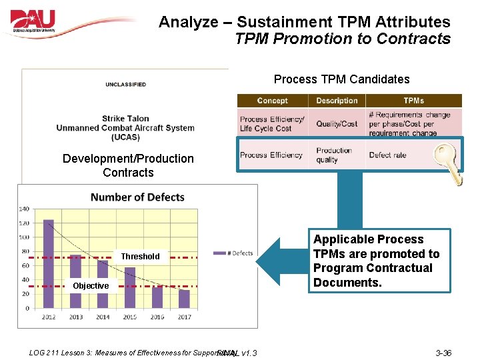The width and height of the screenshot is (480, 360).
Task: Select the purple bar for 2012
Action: [x=48, y=263]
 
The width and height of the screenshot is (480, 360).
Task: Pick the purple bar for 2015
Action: [x=130, y=287]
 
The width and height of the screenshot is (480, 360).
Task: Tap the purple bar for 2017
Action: [x=185, y=299]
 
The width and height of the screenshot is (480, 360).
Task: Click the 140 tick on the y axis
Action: [x=24, y=209]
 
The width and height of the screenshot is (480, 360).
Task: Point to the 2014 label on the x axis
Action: [x=103, y=317]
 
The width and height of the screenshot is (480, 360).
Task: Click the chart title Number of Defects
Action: [x=137, y=197]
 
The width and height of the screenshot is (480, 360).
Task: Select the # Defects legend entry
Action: [x=233, y=253]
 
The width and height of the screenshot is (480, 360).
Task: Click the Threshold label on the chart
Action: [x=140, y=257]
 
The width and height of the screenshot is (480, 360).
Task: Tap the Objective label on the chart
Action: [x=91, y=286]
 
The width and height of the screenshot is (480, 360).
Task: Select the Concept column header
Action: [x=272, y=101]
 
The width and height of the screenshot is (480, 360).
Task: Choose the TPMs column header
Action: [x=413, y=101]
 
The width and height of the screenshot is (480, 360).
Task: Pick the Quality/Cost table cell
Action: [x=337, y=124]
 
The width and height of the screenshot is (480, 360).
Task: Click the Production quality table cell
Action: [x=335, y=155]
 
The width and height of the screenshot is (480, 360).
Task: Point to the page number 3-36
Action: [x=443, y=353]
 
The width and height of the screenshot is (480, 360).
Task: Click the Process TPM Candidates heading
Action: [x=341, y=79]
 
